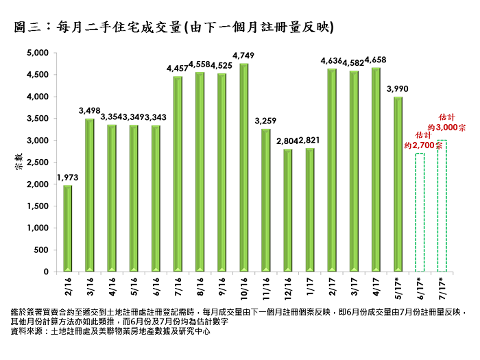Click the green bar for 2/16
click(x=68, y=228)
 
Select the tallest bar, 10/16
click(x=244, y=168)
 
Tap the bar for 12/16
click(x=288, y=211)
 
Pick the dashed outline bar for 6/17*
click(x=420, y=213)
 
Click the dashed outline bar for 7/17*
click(x=442, y=206)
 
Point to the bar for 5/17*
click(x=398, y=184)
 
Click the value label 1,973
click(x=68, y=178)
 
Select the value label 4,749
click(x=244, y=56)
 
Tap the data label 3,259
click(x=266, y=121)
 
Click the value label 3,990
click(x=398, y=89)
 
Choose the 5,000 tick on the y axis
click(x=37, y=53)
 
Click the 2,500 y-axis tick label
click(x=37, y=163)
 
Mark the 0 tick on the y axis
click(x=45, y=272)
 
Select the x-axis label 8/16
click(x=200, y=285)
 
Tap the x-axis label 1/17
click(x=310, y=285)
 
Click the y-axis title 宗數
click(x=19, y=163)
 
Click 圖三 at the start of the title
click(x=27, y=28)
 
